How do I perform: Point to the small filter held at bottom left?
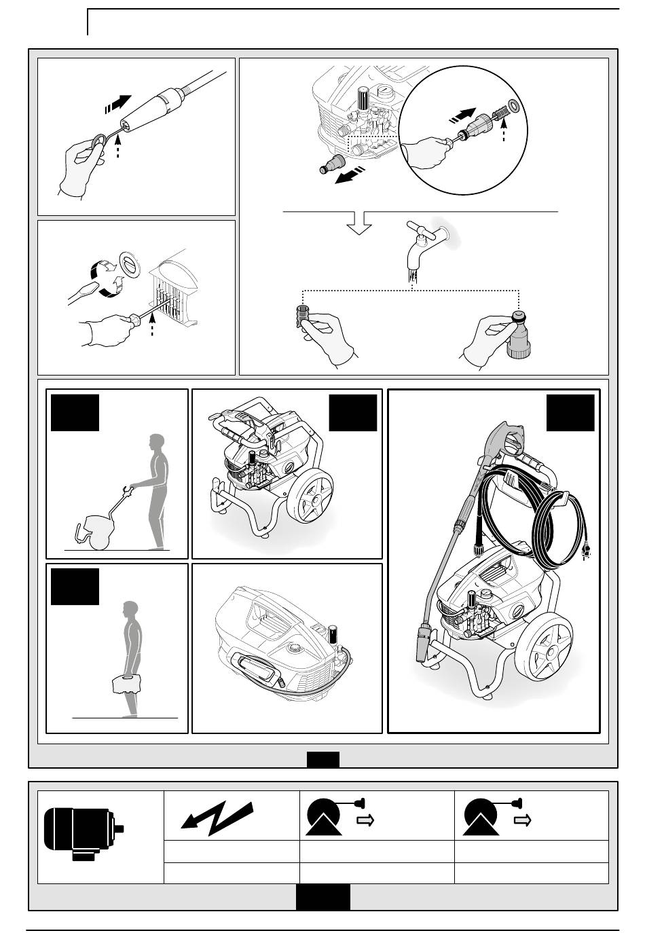(304, 317)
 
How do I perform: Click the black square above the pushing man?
(75, 411)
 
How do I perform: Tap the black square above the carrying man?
(75, 586)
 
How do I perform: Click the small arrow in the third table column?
(367, 820)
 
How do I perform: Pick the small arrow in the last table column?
(523, 820)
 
